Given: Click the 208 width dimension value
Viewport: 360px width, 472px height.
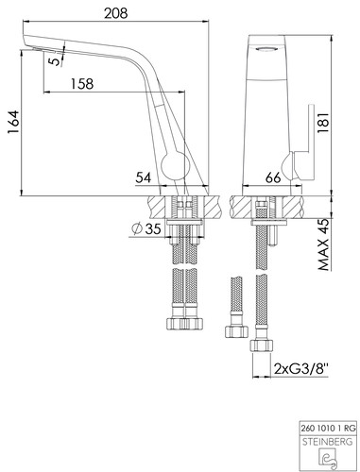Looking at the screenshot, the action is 116,13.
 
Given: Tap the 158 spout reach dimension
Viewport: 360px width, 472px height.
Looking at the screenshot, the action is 82,84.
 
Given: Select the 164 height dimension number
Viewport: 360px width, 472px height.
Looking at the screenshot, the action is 14,123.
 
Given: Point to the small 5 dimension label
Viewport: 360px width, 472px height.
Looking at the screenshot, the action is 56,60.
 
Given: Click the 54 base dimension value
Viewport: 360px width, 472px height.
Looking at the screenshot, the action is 144,178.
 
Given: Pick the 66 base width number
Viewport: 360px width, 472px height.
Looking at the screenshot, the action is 273,178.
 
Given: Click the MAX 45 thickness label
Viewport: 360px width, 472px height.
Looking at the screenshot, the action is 324,244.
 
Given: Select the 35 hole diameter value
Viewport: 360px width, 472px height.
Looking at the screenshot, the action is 153,228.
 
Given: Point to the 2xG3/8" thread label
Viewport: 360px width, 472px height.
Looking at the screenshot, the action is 301,368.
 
